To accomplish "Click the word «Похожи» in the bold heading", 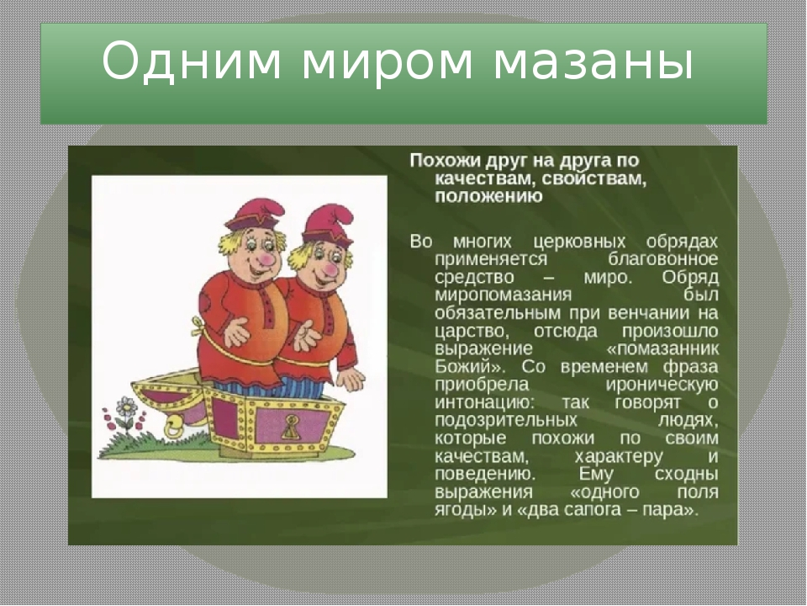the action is [x=444, y=160].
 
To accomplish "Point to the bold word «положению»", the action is [x=488, y=197].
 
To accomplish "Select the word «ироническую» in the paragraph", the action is [x=662, y=385].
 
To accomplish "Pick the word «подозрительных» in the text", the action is [x=506, y=421].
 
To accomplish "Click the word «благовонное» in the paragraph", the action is [x=662, y=258].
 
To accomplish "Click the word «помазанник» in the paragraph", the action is [x=662, y=348].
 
